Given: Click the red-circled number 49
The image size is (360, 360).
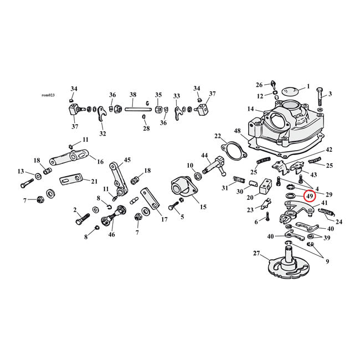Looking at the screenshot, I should pos(310,196).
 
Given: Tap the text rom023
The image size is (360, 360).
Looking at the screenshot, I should pos(49,95).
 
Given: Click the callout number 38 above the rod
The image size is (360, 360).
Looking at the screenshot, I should pos(132,94).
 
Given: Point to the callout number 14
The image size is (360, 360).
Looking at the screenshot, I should pos(250,109).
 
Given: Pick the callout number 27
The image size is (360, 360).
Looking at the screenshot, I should pos(256,253).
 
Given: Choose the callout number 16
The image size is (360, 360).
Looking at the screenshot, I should pos(100,162).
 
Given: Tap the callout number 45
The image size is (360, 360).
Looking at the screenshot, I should pos(127,160).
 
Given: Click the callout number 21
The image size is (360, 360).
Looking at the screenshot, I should pos(94,181).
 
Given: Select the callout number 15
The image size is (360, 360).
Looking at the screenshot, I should pos(203,207).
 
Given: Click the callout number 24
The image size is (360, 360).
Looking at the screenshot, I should pos(338,222).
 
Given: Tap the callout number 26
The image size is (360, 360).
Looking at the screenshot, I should pos(259,85).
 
